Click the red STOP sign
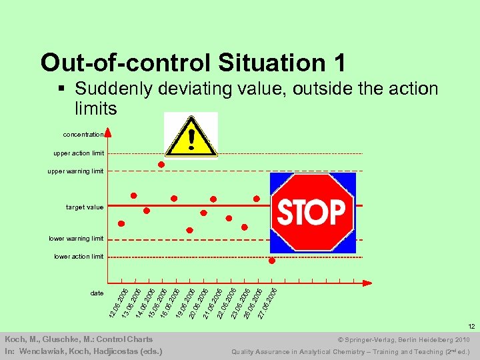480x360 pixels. click(311, 212)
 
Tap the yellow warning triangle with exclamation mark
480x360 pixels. click(191, 136)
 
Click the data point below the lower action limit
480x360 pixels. click(272, 261)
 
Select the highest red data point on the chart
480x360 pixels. click(161, 164)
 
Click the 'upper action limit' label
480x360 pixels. click(79, 153)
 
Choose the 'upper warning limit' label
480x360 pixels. click(75, 171)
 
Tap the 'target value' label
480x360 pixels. click(85, 207)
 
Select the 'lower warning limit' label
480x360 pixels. click(76, 239)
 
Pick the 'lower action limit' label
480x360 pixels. click(79, 257)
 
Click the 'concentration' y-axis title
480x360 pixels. click(83, 134)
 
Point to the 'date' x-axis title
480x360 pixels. click(97, 293)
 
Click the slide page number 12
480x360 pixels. click(471, 327)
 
